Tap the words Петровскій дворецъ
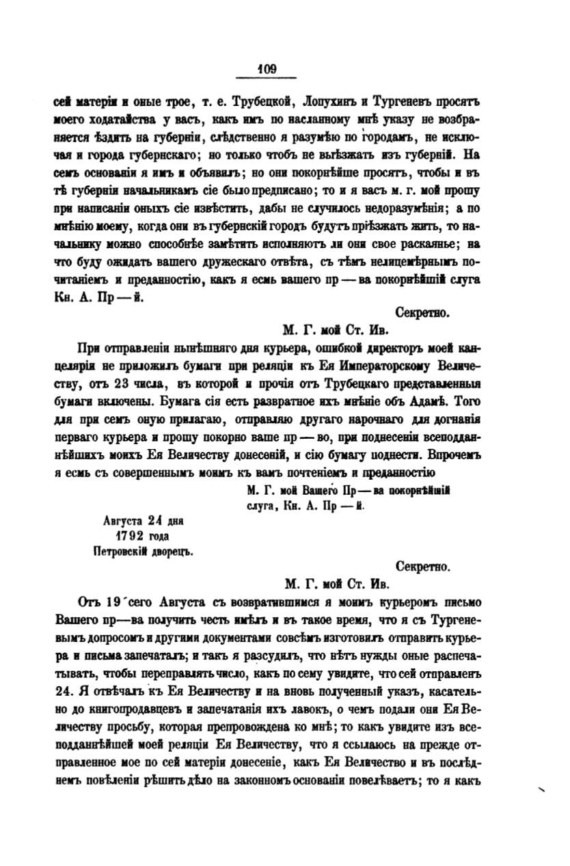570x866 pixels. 144,552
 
